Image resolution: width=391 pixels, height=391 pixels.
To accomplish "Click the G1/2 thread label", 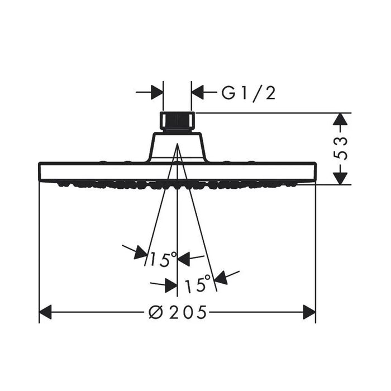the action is (x=249, y=93).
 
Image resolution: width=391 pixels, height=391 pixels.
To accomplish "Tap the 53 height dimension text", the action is (x=341, y=149).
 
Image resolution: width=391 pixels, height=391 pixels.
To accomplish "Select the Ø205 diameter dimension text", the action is (x=178, y=312).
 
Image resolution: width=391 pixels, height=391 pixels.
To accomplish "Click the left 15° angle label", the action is (x=163, y=259).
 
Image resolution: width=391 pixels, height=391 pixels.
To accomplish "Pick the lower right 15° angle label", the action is (x=198, y=283).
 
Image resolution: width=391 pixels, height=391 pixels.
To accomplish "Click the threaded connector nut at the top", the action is (x=177, y=122).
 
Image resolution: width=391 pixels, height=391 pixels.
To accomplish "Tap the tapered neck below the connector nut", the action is (x=177, y=147).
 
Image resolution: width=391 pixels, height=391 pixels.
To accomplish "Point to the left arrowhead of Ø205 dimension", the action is (x=45, y=312).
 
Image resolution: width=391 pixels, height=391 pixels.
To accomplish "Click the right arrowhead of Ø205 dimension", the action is (x=309, y=312).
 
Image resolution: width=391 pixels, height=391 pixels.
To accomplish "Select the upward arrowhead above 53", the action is (x=341, y=119).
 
